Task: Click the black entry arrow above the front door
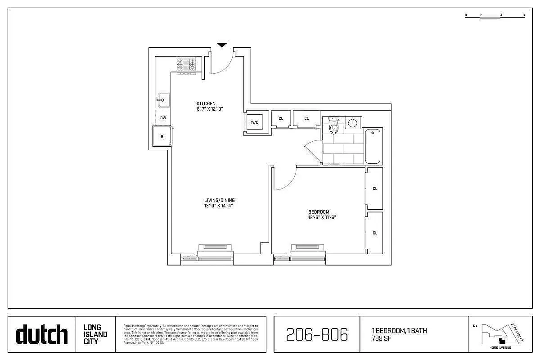(x=222, y=45)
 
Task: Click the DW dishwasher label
(x=163, y=118)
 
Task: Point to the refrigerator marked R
(x=162, y=136)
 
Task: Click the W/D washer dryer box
(x=255, y=122)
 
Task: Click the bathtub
(x=373, y=146)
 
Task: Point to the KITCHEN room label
(x=206, y=103)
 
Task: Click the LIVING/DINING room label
(x=219, y=200)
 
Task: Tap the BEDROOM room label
(x=319, y=212)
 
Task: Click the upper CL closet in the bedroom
(x=375, y=189)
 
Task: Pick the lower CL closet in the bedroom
(x=375, y=233)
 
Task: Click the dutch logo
(x=42, y=334)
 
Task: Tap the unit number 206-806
(x=317, y=334)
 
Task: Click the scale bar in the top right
(x=495, y=15)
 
